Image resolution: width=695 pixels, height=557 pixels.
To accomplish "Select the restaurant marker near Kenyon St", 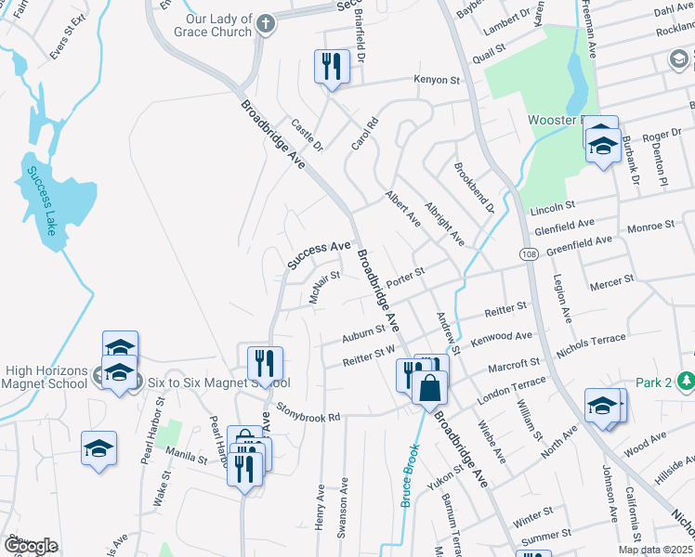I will [331, 66].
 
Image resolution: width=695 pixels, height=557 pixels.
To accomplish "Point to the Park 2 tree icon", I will [686, 381].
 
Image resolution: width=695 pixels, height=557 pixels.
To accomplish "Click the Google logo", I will [30, 546].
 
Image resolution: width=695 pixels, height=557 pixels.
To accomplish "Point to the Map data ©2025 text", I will [655, 550].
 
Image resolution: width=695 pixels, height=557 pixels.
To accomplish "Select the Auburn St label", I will [363, 331].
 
